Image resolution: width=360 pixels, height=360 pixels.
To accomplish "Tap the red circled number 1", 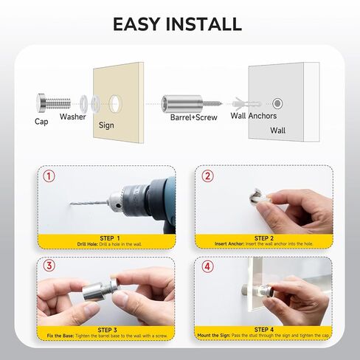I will click(x=49, y=177).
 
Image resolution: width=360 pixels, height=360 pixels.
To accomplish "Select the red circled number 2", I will click(x=208, y=177).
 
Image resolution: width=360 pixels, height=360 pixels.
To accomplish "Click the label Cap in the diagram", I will click(x=42, y=121).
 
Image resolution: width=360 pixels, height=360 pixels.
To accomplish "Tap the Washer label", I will click(x=73, y=117).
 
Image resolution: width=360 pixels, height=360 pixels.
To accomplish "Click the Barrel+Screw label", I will click(x=191, y=117).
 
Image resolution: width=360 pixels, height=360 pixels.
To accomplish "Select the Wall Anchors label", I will click(x=254, y=116).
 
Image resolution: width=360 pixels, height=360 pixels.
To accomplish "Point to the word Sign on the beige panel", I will click(x=106, y=125).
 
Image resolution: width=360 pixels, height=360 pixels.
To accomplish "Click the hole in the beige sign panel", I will click(x=117, y=100).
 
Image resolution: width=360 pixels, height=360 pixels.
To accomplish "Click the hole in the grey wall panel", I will click(x=278, y=103).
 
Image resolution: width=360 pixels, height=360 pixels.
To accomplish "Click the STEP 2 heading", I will click(x=263, y=238).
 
